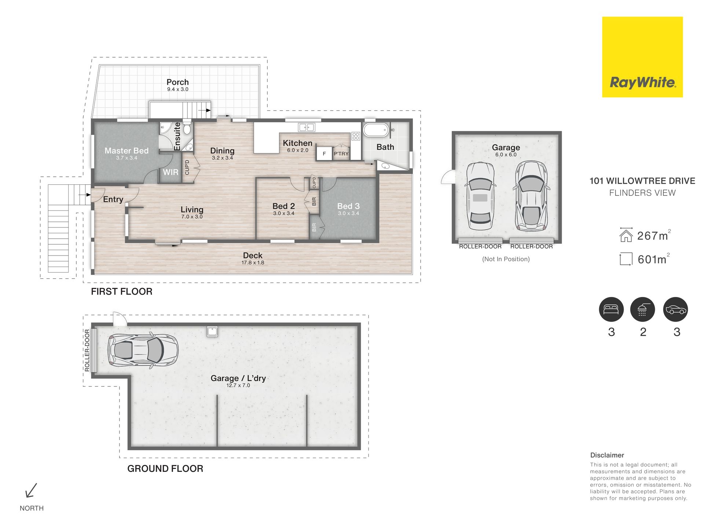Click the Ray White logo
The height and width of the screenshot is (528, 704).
[x=642, y=57]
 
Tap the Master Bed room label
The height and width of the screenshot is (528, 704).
[x=126, y=151]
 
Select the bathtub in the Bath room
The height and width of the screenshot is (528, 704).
[x=375, y=130]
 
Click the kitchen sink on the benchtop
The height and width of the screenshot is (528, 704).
[x=307, y=127]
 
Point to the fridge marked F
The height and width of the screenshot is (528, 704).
[x=324, y=154]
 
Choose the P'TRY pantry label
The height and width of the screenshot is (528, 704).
[x=341, y=154]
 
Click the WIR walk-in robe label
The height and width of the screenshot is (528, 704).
[x=170, y=172]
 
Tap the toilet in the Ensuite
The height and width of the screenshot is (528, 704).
[x=187, y=128]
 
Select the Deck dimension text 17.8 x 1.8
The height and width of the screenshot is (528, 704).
[x=253, y=263]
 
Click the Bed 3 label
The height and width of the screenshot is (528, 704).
[x=348, y=206]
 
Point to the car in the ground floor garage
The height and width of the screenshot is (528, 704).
[x=143, y=350]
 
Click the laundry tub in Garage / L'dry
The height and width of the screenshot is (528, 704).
[x=212, y=331]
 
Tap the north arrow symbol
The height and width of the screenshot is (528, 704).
[x=31, y=490]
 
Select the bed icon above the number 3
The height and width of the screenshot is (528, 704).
[x=611, y=309]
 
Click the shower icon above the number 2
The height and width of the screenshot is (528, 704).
[x=642, y=309]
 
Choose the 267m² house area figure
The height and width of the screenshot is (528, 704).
[x=654, y=235]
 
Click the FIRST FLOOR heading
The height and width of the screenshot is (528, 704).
[x=122, y=291]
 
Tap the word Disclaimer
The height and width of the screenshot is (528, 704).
[x=607, y=455]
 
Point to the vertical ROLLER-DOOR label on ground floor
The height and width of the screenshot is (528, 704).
[x=87, y=350]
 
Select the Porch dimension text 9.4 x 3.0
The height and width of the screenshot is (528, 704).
[x=178, y=89]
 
